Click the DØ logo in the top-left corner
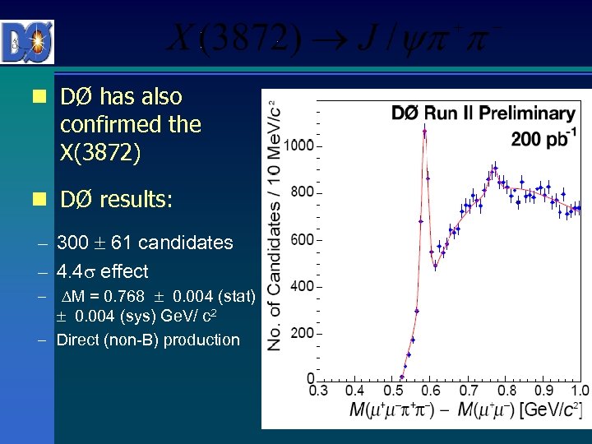click(28, 41)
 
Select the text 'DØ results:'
click(116, 200)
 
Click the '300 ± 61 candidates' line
click(145, 243)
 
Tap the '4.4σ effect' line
click(103, 271)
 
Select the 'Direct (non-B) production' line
click(148, 340)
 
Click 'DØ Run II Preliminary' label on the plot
click(483, 113)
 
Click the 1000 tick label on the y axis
click(298, 146)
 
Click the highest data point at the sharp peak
click(424, 130)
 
